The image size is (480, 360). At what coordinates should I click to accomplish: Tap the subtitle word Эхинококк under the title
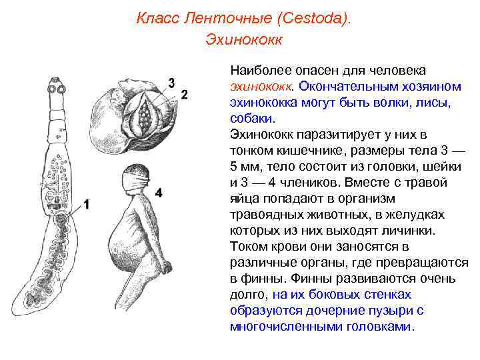244,40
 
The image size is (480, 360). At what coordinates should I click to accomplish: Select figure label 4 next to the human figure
159,192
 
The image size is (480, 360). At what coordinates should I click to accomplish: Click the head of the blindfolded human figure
138,177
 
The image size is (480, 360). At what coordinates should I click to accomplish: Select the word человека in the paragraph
397,71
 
